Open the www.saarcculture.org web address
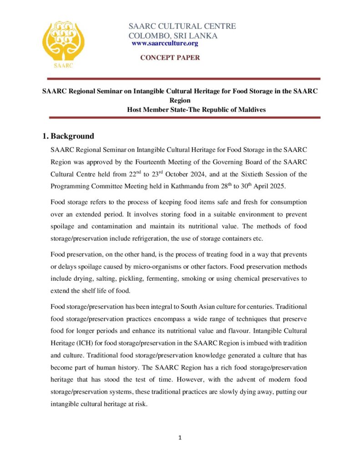(x=165, y=43)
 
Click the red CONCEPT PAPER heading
(x=169, y=58)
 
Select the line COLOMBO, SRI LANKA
(x=173, y=35)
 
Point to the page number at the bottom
(x=180, y=438)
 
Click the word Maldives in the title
(x=249, y=110)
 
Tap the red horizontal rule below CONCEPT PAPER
(x=180, y=79)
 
